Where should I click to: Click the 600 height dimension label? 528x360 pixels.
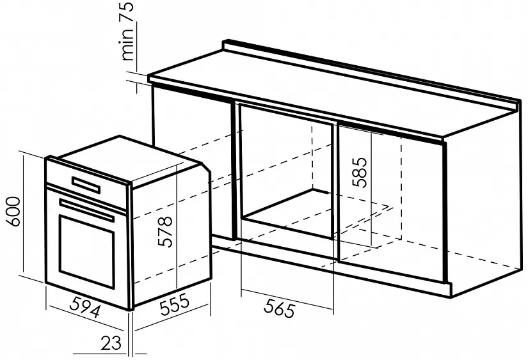[x=13, y=212]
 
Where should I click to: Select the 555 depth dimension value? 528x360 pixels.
[x=175, y=304]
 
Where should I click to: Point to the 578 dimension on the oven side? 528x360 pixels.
[x=165, y=232]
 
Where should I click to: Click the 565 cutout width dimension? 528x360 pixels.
[x=279, y=308]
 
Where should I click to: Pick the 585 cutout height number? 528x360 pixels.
[x=359, y=172]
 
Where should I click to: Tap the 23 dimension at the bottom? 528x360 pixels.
[x=111, y=343]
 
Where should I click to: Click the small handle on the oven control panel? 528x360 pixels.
[x=86, y=185]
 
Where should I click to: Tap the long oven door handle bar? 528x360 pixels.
[x=86, y=210]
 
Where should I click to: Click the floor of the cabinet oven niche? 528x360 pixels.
[x=289, y=211]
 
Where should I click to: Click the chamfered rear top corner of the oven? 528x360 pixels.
[x=206, y=168]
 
